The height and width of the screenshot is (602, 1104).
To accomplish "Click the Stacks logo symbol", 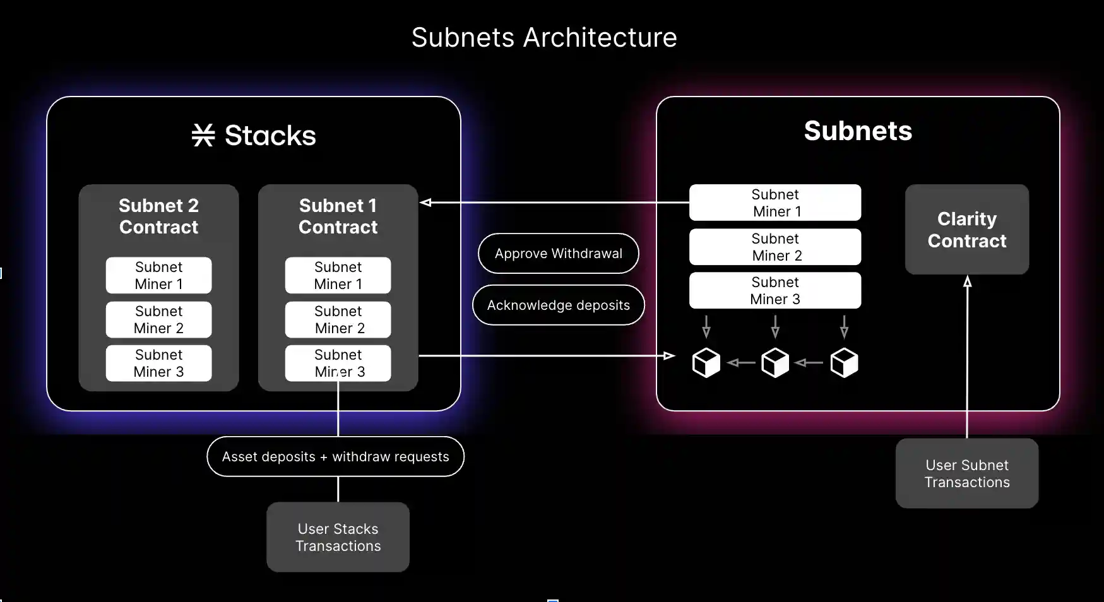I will (203, 135).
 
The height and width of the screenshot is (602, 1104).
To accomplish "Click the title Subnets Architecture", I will (544, 37).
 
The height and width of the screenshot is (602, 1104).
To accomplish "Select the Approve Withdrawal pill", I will (558, 254).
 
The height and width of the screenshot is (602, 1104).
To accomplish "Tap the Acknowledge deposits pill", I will (558, 305).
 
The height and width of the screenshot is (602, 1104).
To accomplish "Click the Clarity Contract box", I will (966, 230).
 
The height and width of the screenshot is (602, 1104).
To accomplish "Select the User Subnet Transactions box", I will (966, 473).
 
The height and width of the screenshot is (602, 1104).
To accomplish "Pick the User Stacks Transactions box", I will (338, 537).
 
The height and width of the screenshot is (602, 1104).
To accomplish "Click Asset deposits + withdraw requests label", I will (335, 457).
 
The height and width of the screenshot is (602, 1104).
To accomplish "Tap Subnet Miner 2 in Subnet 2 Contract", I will (158, 320).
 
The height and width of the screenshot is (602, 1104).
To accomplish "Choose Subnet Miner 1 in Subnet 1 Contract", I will (338, 276).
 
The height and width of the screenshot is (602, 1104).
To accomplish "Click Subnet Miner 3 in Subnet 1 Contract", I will (338, 363).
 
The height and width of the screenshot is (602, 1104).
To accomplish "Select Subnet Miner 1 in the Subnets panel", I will (775, 203).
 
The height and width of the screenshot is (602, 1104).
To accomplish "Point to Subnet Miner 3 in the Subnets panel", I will (775, 291).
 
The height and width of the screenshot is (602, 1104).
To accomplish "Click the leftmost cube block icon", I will (706, 363).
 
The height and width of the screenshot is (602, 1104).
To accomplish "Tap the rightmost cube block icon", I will (844, 363).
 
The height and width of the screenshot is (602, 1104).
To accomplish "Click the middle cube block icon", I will (775, 363).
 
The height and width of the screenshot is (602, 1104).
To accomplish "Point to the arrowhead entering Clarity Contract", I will (967, 281).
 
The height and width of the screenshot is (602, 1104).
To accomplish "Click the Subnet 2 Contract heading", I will (158, 216).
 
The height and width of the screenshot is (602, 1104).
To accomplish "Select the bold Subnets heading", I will (857, 131).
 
